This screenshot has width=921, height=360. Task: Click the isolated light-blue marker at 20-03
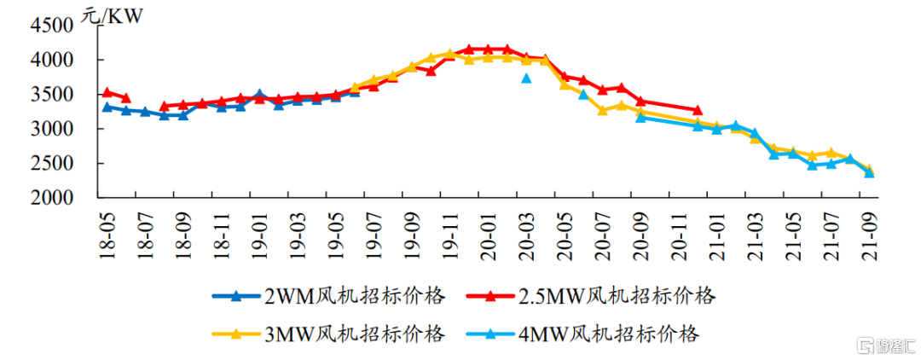pos(526,78)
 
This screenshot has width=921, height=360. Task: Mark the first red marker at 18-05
pos(107,92)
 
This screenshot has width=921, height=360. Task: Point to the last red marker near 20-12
pos(698,110)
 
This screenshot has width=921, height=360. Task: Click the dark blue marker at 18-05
pos(107,107)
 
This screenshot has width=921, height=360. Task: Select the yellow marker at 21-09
pos(869,170)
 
